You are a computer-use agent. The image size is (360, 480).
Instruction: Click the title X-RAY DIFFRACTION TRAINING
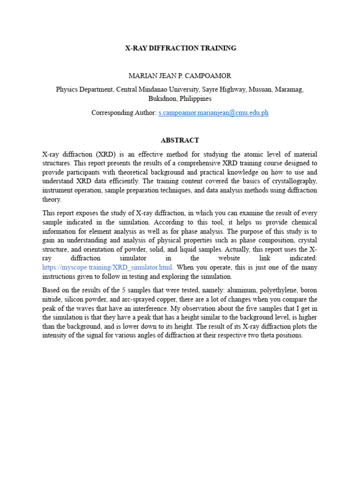180,48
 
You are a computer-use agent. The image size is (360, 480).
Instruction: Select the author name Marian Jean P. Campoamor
180,75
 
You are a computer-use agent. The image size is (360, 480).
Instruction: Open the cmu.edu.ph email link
213,113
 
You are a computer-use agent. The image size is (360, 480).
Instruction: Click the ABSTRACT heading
180,140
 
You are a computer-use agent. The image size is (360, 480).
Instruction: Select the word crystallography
292,181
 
